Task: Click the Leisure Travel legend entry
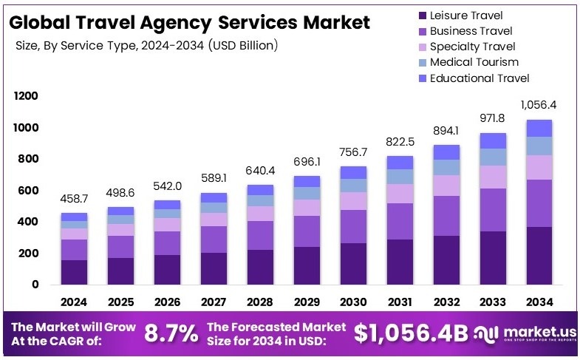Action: coord(465,15)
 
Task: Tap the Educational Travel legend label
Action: coord(480,78)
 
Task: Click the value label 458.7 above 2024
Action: coord(75,200)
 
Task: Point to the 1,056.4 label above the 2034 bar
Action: coord(538,105)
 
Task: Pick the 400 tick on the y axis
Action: coord(27,222)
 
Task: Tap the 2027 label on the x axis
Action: coord(214,302)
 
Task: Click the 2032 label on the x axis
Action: coord(447,302)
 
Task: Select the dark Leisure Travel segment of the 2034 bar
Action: coord(539,256)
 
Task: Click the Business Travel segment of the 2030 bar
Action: coord(353,226)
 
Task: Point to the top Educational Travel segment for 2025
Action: coord(121,211)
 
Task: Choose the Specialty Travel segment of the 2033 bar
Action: coord(493,177)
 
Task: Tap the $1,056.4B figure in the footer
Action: coord(411,333)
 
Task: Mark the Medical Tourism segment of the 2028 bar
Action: coord(260,200)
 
